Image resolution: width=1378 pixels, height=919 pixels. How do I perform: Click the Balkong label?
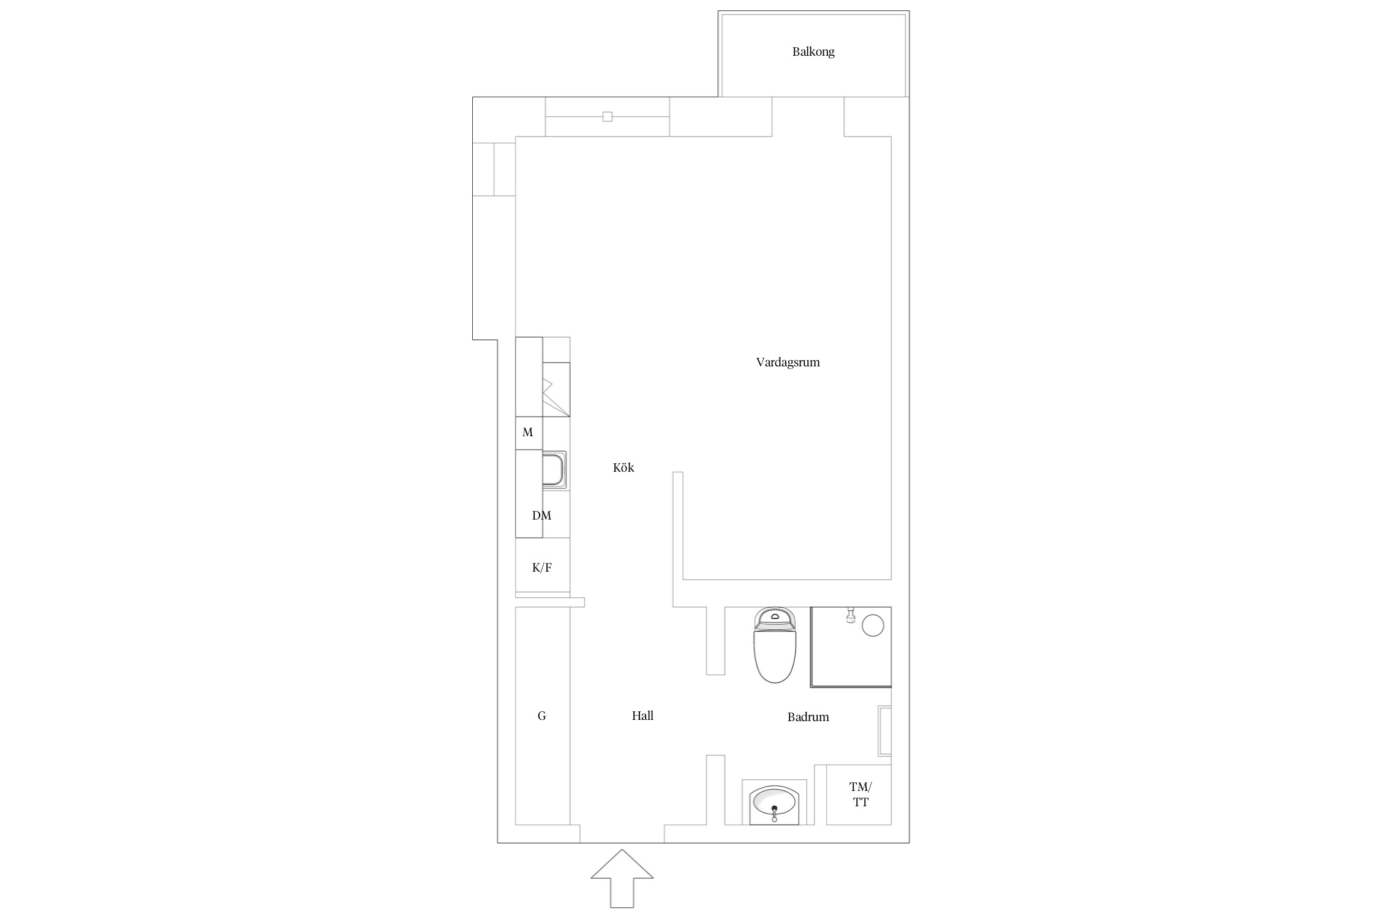click(x=813, y=52)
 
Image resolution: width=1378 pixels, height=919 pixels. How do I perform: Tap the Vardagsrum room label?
click(x=788, y=362)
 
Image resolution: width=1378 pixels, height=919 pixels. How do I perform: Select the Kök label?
click(x=623, y=467)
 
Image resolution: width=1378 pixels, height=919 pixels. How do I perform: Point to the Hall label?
click(x=642, y=716)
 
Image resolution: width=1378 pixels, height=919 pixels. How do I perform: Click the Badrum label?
click(x=808, y=717)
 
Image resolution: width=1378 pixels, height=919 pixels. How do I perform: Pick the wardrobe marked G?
click(x=543, y=716)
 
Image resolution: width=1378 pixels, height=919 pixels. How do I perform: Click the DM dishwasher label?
click(x=541, y=515)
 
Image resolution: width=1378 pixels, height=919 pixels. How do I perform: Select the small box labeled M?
click(x=529, y=433)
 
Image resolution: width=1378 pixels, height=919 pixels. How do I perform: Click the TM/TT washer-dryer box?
click(x=859, y=795)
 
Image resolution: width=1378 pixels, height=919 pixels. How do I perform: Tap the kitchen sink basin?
click(x=554, y=469)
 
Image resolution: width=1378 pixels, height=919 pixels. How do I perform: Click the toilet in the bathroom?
click(x=775, y=645)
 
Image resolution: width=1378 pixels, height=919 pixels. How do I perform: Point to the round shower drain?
click(x=873, y=626)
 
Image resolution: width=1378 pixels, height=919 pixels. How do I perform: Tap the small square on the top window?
click(x=607, y=116)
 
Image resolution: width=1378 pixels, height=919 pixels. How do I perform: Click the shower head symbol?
click(x=850, y=615)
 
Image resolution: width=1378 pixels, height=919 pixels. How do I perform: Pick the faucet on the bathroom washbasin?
click(x=775, y=813)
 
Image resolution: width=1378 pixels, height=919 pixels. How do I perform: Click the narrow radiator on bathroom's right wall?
click(x=885, y=731)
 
